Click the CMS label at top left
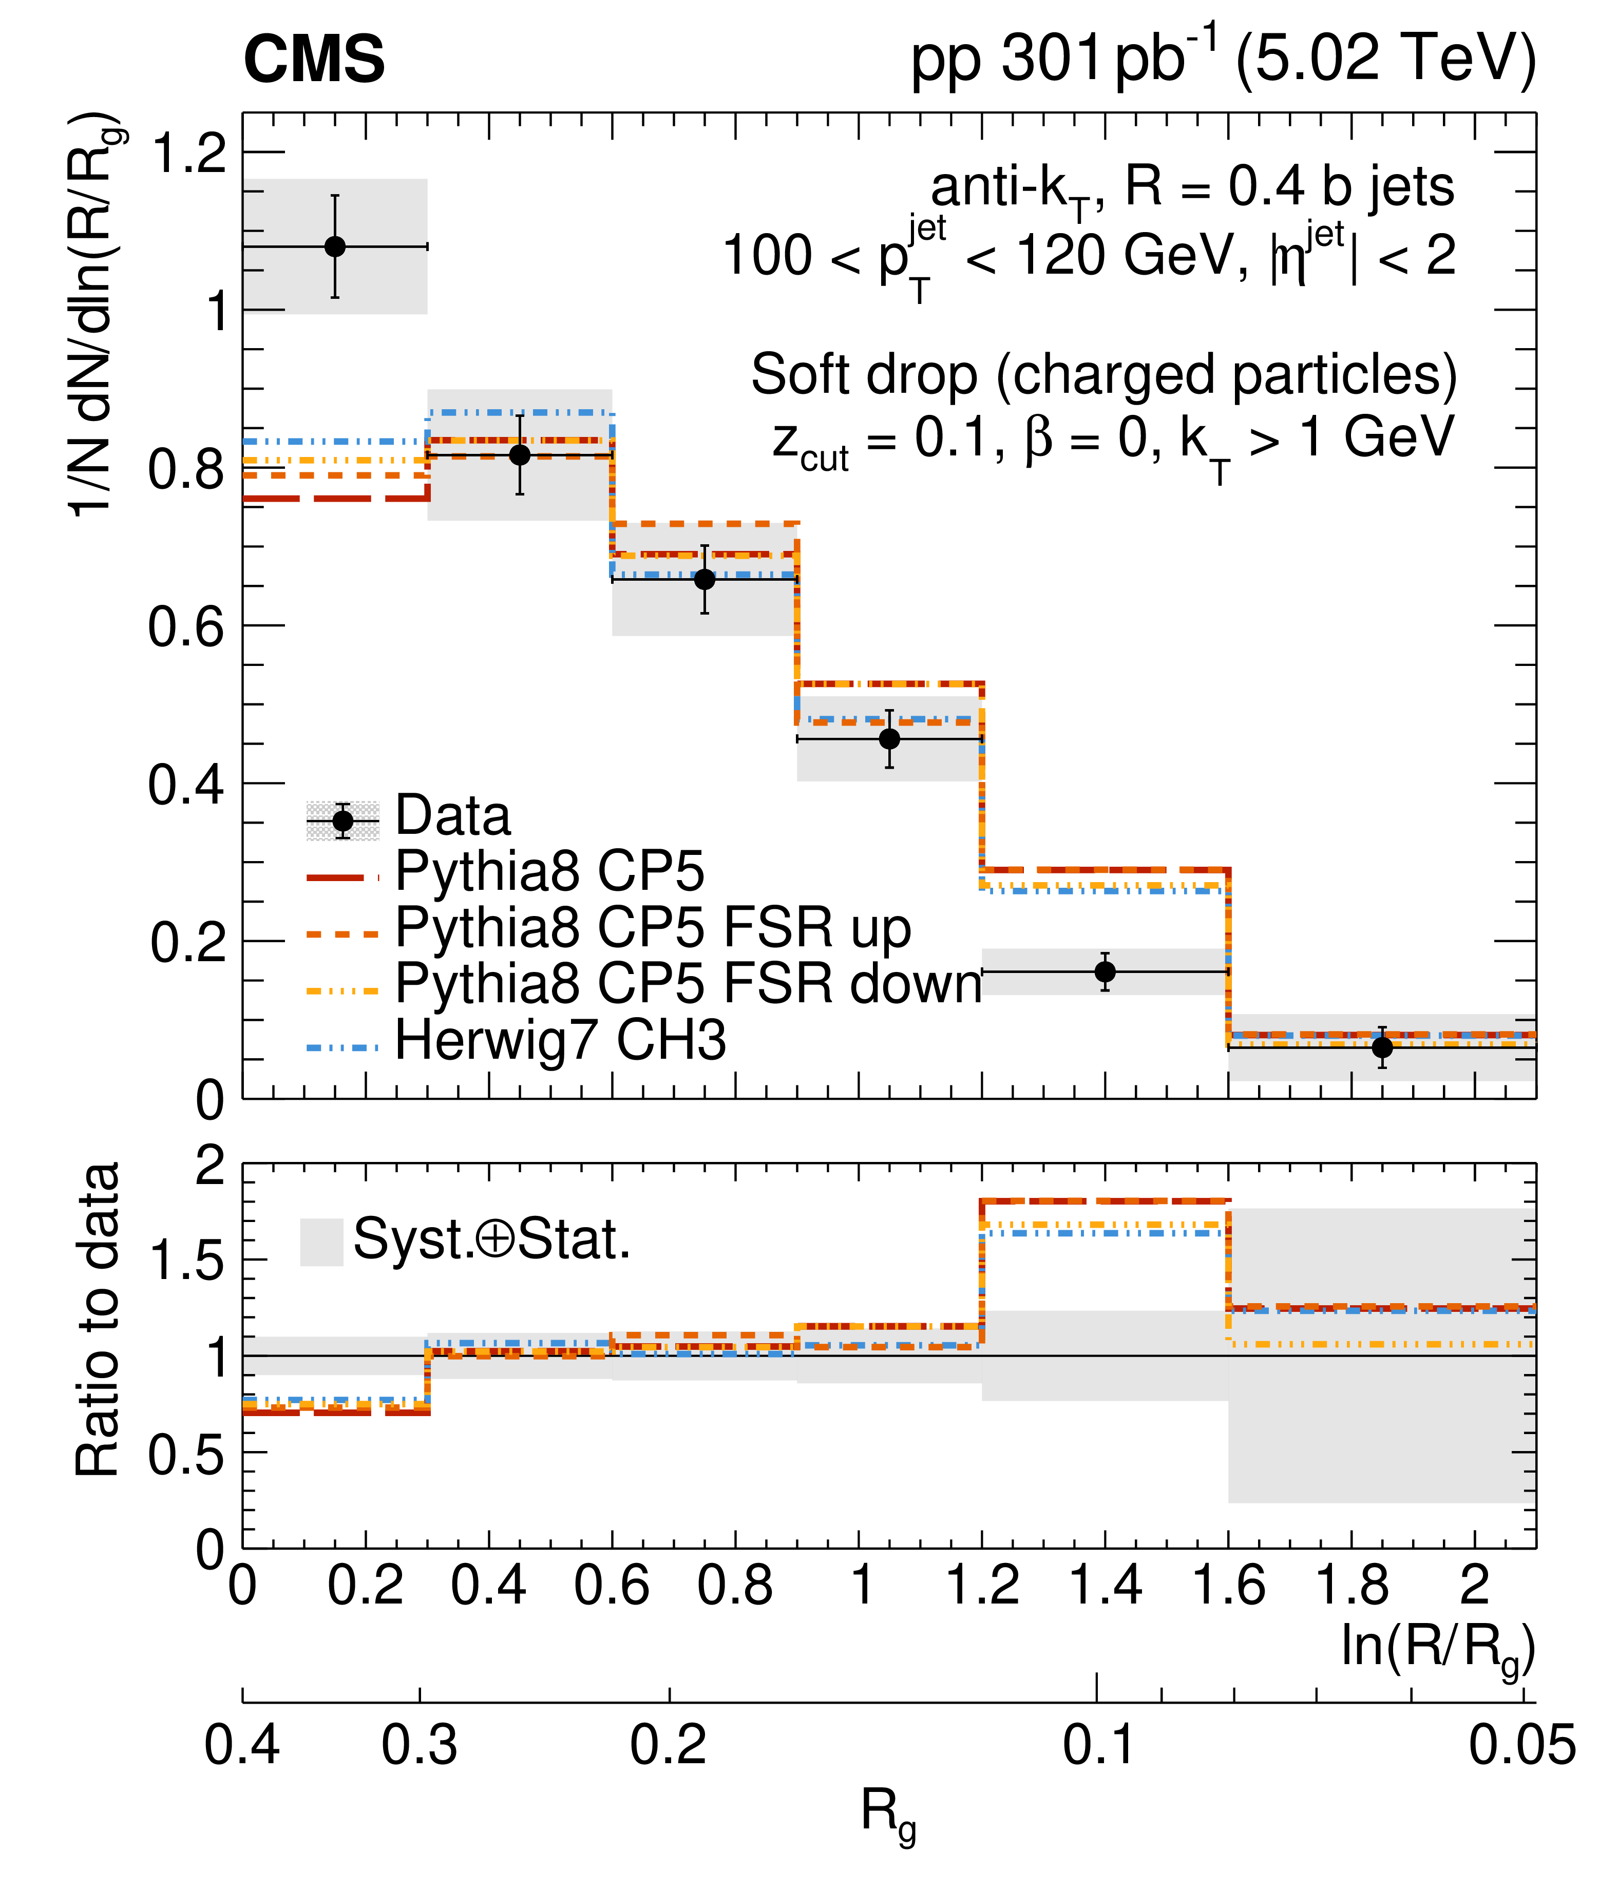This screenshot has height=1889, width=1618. (x=314, y=60)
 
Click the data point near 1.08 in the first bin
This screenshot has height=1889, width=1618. (x=335, y=246)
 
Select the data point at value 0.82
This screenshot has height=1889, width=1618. (x=520, y=455)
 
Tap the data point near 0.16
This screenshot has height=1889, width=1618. (x=1105, y=972)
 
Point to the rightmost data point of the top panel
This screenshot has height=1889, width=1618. (x=1382, y=1047)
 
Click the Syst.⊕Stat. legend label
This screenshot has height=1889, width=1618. (x=492, y=1240)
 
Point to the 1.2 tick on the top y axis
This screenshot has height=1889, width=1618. (x=188, y=152)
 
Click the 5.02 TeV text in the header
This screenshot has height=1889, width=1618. (x=1385, y=59)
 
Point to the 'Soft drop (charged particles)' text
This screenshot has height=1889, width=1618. (x=1103, y=375)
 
